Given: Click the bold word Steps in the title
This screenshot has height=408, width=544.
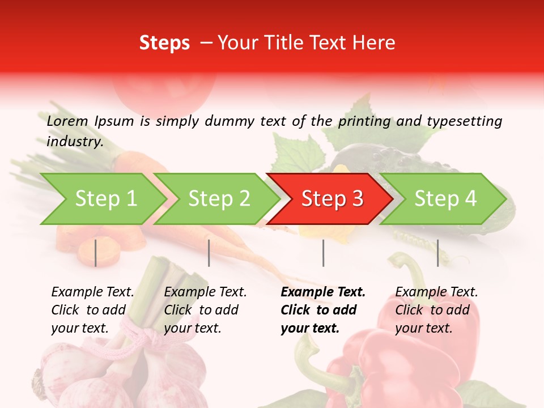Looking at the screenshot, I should tap(164, 43).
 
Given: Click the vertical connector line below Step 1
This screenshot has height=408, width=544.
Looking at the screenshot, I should tap(96, 253).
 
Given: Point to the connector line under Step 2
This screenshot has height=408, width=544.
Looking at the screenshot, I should tap(209, 253).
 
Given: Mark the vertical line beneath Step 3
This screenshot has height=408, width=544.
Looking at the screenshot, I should tap(323, 253).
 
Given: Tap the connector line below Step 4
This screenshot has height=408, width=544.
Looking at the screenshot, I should tap(437, 253).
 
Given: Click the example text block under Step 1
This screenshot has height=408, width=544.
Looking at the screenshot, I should tap(92, 310).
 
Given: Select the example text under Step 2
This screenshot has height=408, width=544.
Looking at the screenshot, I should tap(205, 310).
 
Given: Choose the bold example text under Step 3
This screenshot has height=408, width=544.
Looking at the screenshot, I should tap(322, 310).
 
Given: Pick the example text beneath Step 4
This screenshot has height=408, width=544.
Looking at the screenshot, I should tap(436, 310).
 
